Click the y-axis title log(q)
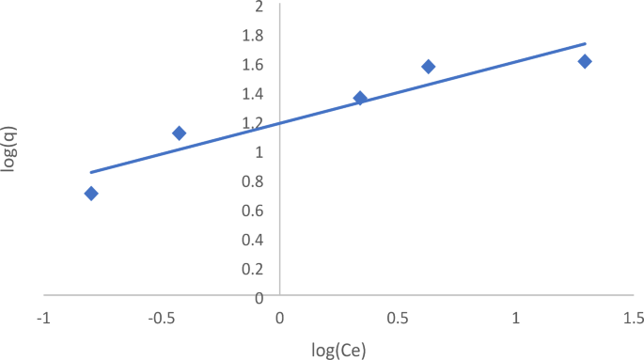(11, 151)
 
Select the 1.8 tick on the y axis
(255, 36)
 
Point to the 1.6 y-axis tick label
(255, 65)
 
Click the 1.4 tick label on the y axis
(255, 94)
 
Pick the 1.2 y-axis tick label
(255, 123)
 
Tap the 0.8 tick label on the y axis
(255, 181)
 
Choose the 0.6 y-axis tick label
(255, 211)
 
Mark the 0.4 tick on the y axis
(255, 240)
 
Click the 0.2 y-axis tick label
(255, 269)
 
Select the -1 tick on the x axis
(42, 319)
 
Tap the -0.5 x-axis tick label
(161, 319)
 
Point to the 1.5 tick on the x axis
(634, 319)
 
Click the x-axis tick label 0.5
(398, 319)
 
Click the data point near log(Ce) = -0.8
(91, 194)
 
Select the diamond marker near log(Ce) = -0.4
(179, 133)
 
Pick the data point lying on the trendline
(360, 98)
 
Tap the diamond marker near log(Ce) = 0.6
(429, 67)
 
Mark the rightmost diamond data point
(585, 61)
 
